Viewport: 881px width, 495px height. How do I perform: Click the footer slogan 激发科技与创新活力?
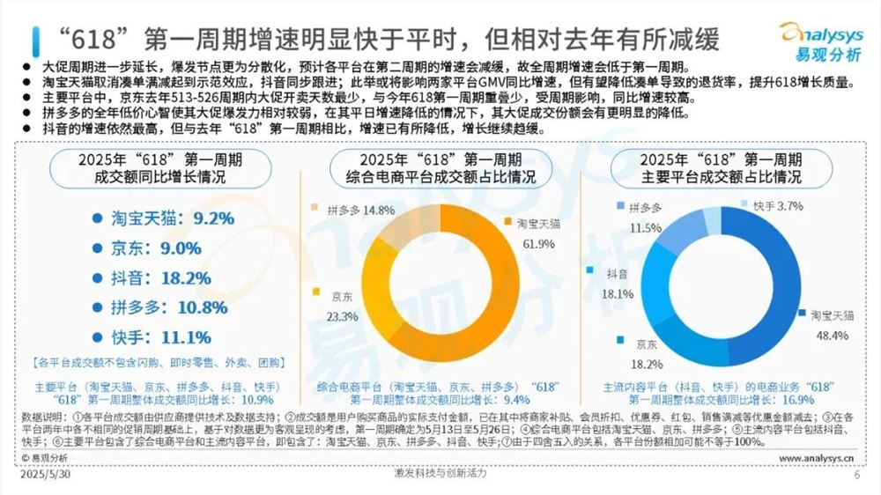pos(440,474)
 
